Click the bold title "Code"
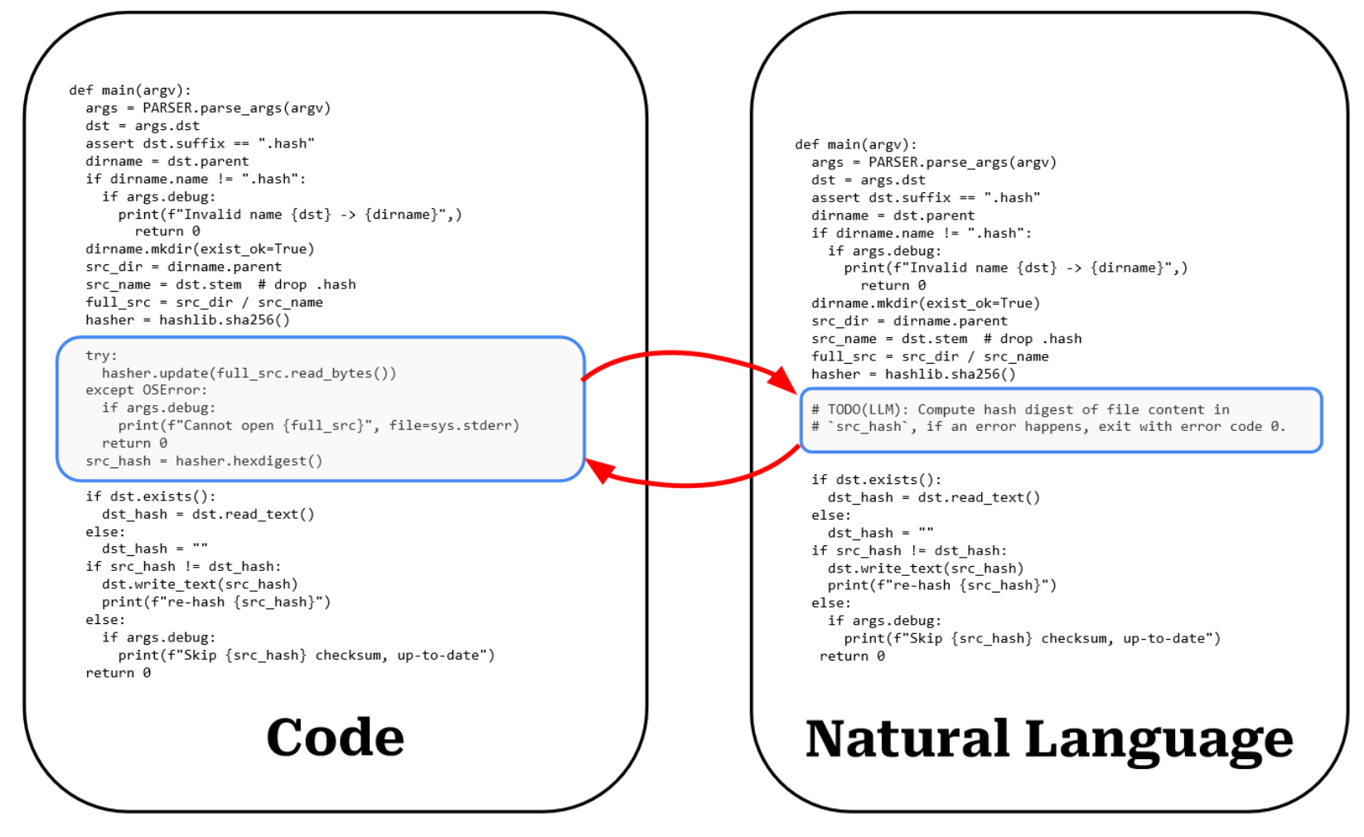335,737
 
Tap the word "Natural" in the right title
907,739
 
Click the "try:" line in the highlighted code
101,356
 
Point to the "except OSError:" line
146,390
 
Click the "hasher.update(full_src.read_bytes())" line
249,373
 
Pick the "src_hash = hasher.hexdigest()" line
204,461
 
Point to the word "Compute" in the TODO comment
946,409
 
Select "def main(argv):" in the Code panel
130,90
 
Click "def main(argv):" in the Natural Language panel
855,144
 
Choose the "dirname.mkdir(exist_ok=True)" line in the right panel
925,303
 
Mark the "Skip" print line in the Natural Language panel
1032,638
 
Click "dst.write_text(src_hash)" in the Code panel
199,584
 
